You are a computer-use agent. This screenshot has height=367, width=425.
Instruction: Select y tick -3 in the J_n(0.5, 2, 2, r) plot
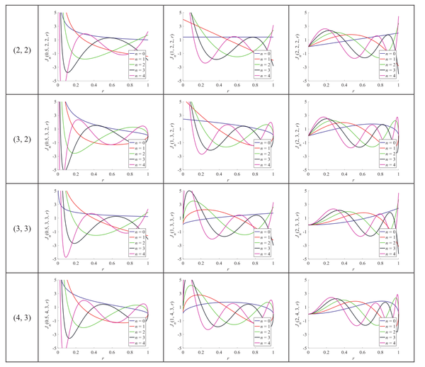tap(53, 69)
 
